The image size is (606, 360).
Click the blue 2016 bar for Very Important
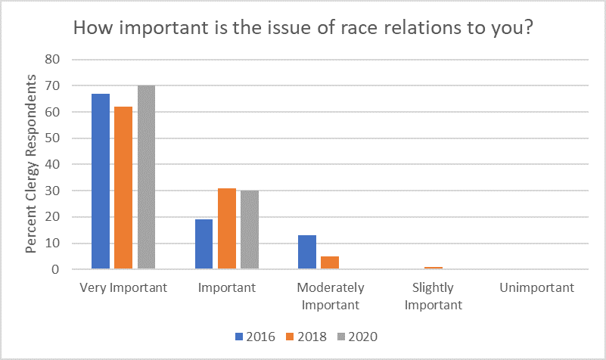coord(101,182)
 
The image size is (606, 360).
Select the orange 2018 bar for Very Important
coord(123,188)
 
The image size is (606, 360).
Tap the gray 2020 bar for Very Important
coord(145,177)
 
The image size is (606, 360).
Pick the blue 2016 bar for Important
coord(204,244)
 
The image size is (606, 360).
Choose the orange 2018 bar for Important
coord(227,228)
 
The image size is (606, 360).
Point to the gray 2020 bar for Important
coord(249,230)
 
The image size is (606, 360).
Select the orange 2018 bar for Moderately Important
coord(330,262)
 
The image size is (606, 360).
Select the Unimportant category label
coord(536,288)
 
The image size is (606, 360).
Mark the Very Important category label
coord(123,288)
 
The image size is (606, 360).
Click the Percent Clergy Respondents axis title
coord(32,164)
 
